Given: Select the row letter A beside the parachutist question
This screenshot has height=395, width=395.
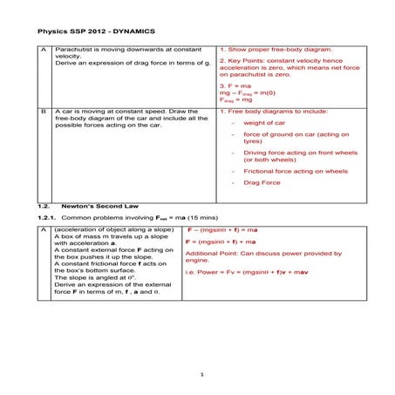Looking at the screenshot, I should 44,51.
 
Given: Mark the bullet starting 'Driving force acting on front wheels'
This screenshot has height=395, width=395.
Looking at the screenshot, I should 300,153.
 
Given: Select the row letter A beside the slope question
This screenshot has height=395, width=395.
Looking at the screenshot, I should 44,229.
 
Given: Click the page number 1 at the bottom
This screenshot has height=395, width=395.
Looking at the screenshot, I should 201,375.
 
